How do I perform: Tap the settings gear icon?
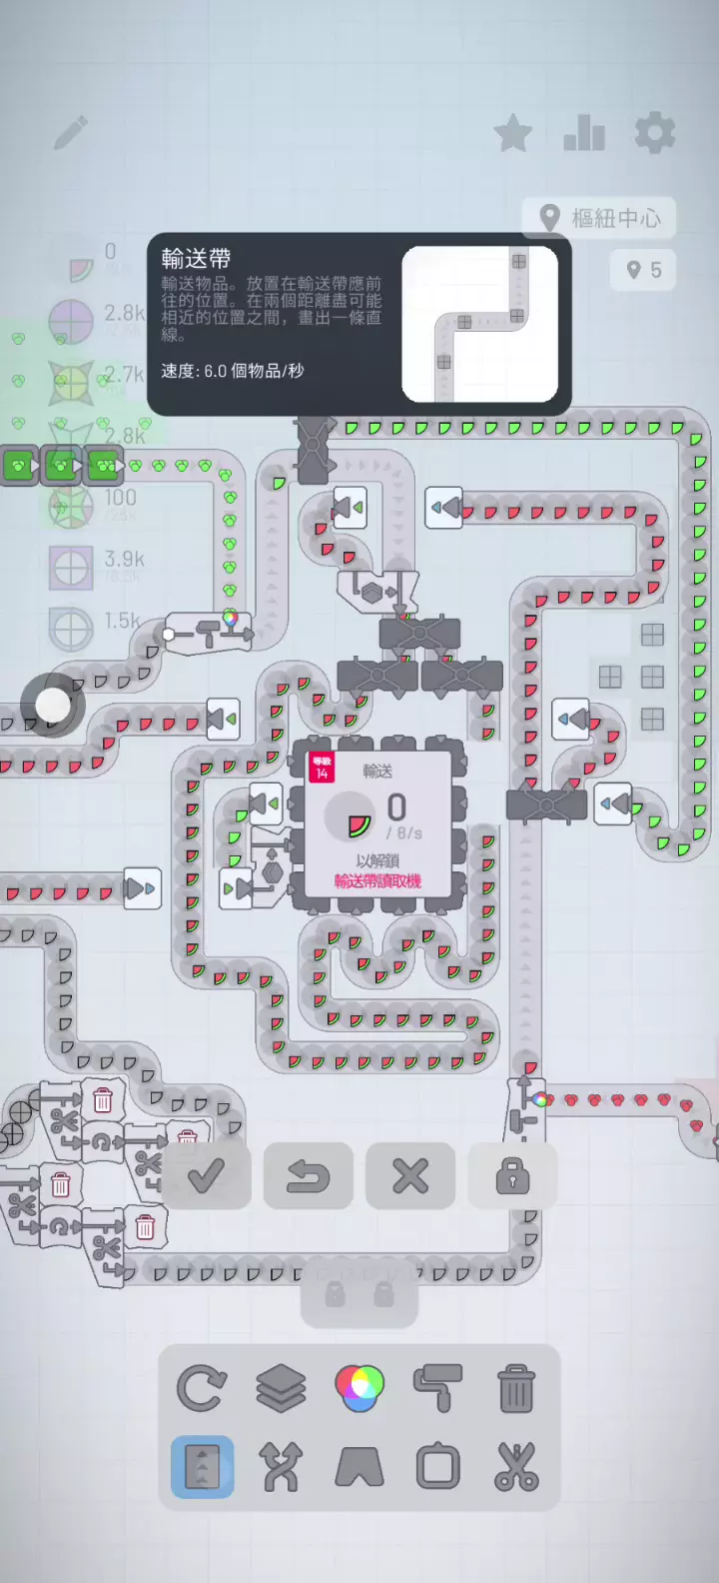pos(655,133)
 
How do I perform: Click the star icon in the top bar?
pos(513,134)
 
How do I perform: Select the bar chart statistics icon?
pos(584,134)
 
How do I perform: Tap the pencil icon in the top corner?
pos(71,132)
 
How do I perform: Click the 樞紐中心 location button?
pos(599,218)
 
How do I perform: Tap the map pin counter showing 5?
pos(643,270)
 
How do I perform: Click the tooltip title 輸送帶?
pos(196,259)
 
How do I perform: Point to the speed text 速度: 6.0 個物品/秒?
pos(233,371)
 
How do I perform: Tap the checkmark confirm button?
pos(206,1176)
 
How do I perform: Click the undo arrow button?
pos(309,1176)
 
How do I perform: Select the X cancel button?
pos(410,1176)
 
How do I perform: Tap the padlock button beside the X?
pos(512,1176)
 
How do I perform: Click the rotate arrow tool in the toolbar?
pos(202,1389)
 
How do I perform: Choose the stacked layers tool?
pos(281,1389)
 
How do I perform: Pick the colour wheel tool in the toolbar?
pos(359,1388)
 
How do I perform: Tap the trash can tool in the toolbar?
pos(516,1389)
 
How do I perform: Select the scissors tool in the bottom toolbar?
pos(516,1467)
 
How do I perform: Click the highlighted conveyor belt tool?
pos(203,1467)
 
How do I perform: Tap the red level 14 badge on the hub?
pos(322,768)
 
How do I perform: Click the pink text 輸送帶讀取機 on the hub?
pos(377,881)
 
